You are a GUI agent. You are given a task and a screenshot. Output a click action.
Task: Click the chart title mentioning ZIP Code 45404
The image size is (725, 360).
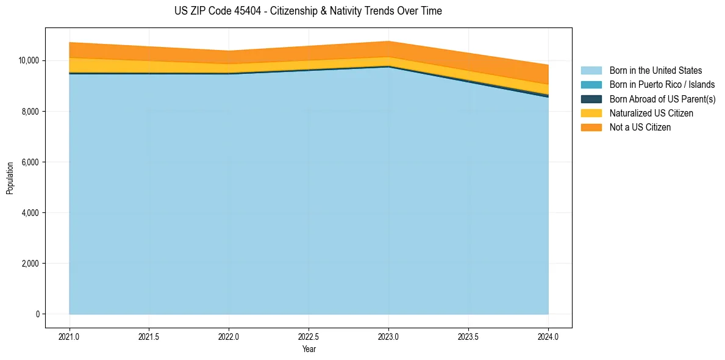308,11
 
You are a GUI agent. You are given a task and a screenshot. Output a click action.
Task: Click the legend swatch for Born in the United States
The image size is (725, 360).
591,71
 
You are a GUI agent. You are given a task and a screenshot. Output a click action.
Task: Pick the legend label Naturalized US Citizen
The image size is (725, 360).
651,113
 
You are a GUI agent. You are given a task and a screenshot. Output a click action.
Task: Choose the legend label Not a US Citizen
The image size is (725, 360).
640,128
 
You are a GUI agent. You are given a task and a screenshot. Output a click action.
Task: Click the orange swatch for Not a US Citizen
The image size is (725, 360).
591,128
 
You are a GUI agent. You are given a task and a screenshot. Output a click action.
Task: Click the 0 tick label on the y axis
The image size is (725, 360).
37,314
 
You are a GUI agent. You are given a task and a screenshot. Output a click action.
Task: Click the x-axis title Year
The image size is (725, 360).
309,349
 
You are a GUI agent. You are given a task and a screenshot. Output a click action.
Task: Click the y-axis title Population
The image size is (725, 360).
10,178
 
